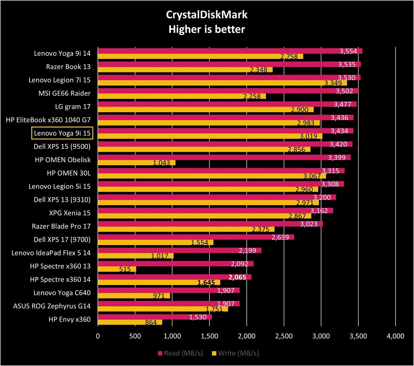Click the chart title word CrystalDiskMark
(x=207, y=15)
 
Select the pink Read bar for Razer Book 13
(x=229, y=64)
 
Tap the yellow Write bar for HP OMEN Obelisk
(x=136, y=163)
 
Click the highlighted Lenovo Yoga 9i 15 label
(x=62, y=133)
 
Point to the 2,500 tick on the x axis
(x=284, y=336)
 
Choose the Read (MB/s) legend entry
(x=180, y=353)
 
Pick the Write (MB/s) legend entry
(x=235, y=353)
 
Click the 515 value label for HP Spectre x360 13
(x=125, y=269)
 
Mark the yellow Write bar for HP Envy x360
(x=130, y=322)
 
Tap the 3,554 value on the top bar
(x=348, y=51)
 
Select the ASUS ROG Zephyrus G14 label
(x=52, y=306)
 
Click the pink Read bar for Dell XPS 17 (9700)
(x=196, y=237)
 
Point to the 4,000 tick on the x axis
(x=396, y=336)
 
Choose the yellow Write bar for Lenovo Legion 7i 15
(x=222, y=83)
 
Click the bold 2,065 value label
(x=237, y=277)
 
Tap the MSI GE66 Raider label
(x=64, y=93)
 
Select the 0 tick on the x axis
(x=98, y=336)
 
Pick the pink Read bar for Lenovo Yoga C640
(x=169, y=290)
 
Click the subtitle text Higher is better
(x=207, y=29)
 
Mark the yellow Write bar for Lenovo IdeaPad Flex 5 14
(x=136, y=256)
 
